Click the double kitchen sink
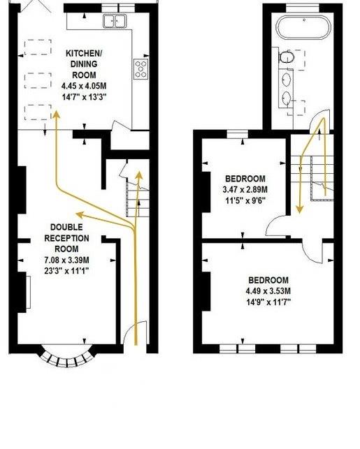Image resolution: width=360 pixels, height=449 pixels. coord(115,22)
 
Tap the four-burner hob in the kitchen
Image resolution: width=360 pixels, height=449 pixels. coord(141,68)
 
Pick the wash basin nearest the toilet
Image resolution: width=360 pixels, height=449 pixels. coord(287,79)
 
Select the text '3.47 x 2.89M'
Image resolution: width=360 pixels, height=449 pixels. coord(245,189)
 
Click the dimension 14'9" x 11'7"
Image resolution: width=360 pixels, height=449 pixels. coord(268,302)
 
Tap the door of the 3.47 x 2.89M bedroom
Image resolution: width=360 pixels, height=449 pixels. coord(276,224)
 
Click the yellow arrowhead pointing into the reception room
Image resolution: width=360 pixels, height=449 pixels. coord(78,214)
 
